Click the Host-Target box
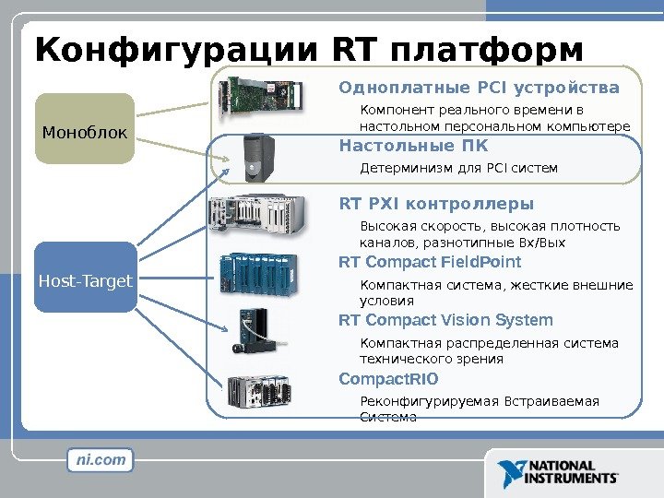click(86, 279)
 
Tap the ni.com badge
click(101, 459)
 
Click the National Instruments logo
click(559, 472)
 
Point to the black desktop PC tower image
click(255, 157)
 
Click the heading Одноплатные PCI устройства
click(480, 89)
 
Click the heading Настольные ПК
click(414, 146)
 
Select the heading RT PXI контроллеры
click(436, 204)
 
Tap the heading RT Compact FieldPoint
click(431, 263)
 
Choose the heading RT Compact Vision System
click(445, 321)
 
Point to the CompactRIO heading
click(389, 379)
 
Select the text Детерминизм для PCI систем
click(458, 169)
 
